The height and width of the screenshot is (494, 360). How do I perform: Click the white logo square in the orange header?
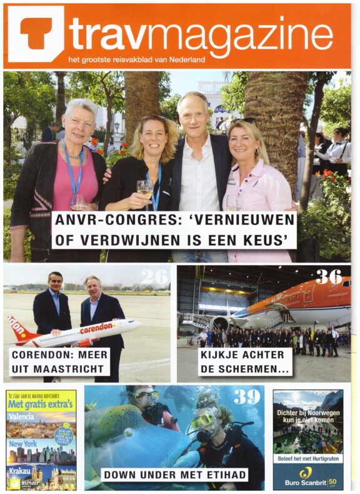(x=36, y=34)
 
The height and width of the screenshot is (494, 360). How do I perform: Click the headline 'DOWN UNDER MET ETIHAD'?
(x=175, y=475)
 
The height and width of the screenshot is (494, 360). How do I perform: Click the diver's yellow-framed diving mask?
(x=201, y=420)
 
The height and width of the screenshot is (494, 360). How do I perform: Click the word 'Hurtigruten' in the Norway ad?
(x=319, y=459)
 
